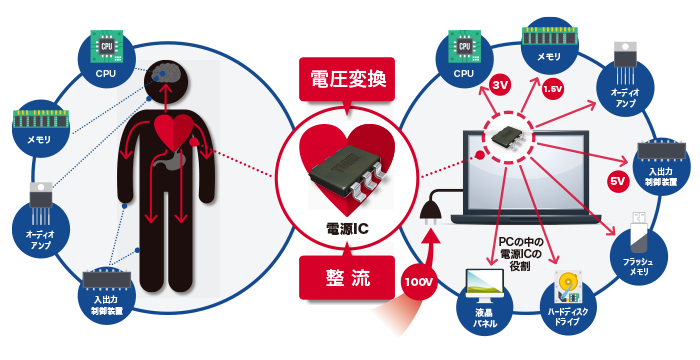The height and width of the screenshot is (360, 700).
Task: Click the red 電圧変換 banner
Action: pos(347,80)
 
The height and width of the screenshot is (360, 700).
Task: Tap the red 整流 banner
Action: pos(347,277)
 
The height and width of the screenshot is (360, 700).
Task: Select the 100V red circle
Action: pos(419,282)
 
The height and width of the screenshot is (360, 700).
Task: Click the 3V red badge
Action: pos(500,85)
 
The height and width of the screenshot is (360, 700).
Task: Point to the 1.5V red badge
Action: pos(552,89)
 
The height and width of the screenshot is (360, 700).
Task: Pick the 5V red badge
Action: pos(618,181)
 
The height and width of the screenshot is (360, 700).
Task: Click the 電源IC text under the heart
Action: pos(347,229)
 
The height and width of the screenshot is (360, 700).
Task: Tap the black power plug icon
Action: pos(430,209)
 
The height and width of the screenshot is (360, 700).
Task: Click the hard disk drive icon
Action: pos(568,287)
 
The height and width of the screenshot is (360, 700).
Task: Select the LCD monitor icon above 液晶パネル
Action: pos(484,284)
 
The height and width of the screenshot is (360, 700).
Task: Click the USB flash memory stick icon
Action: pos(640,230)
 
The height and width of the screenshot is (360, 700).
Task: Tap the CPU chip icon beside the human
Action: pos(107,46)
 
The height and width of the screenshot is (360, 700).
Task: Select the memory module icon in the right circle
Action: pos(550,37)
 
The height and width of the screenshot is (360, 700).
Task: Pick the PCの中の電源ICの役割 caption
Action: pos(519,254)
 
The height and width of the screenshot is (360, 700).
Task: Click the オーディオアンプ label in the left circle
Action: pos(41,239)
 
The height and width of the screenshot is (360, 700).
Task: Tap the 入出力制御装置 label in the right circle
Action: pos(661,176)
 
